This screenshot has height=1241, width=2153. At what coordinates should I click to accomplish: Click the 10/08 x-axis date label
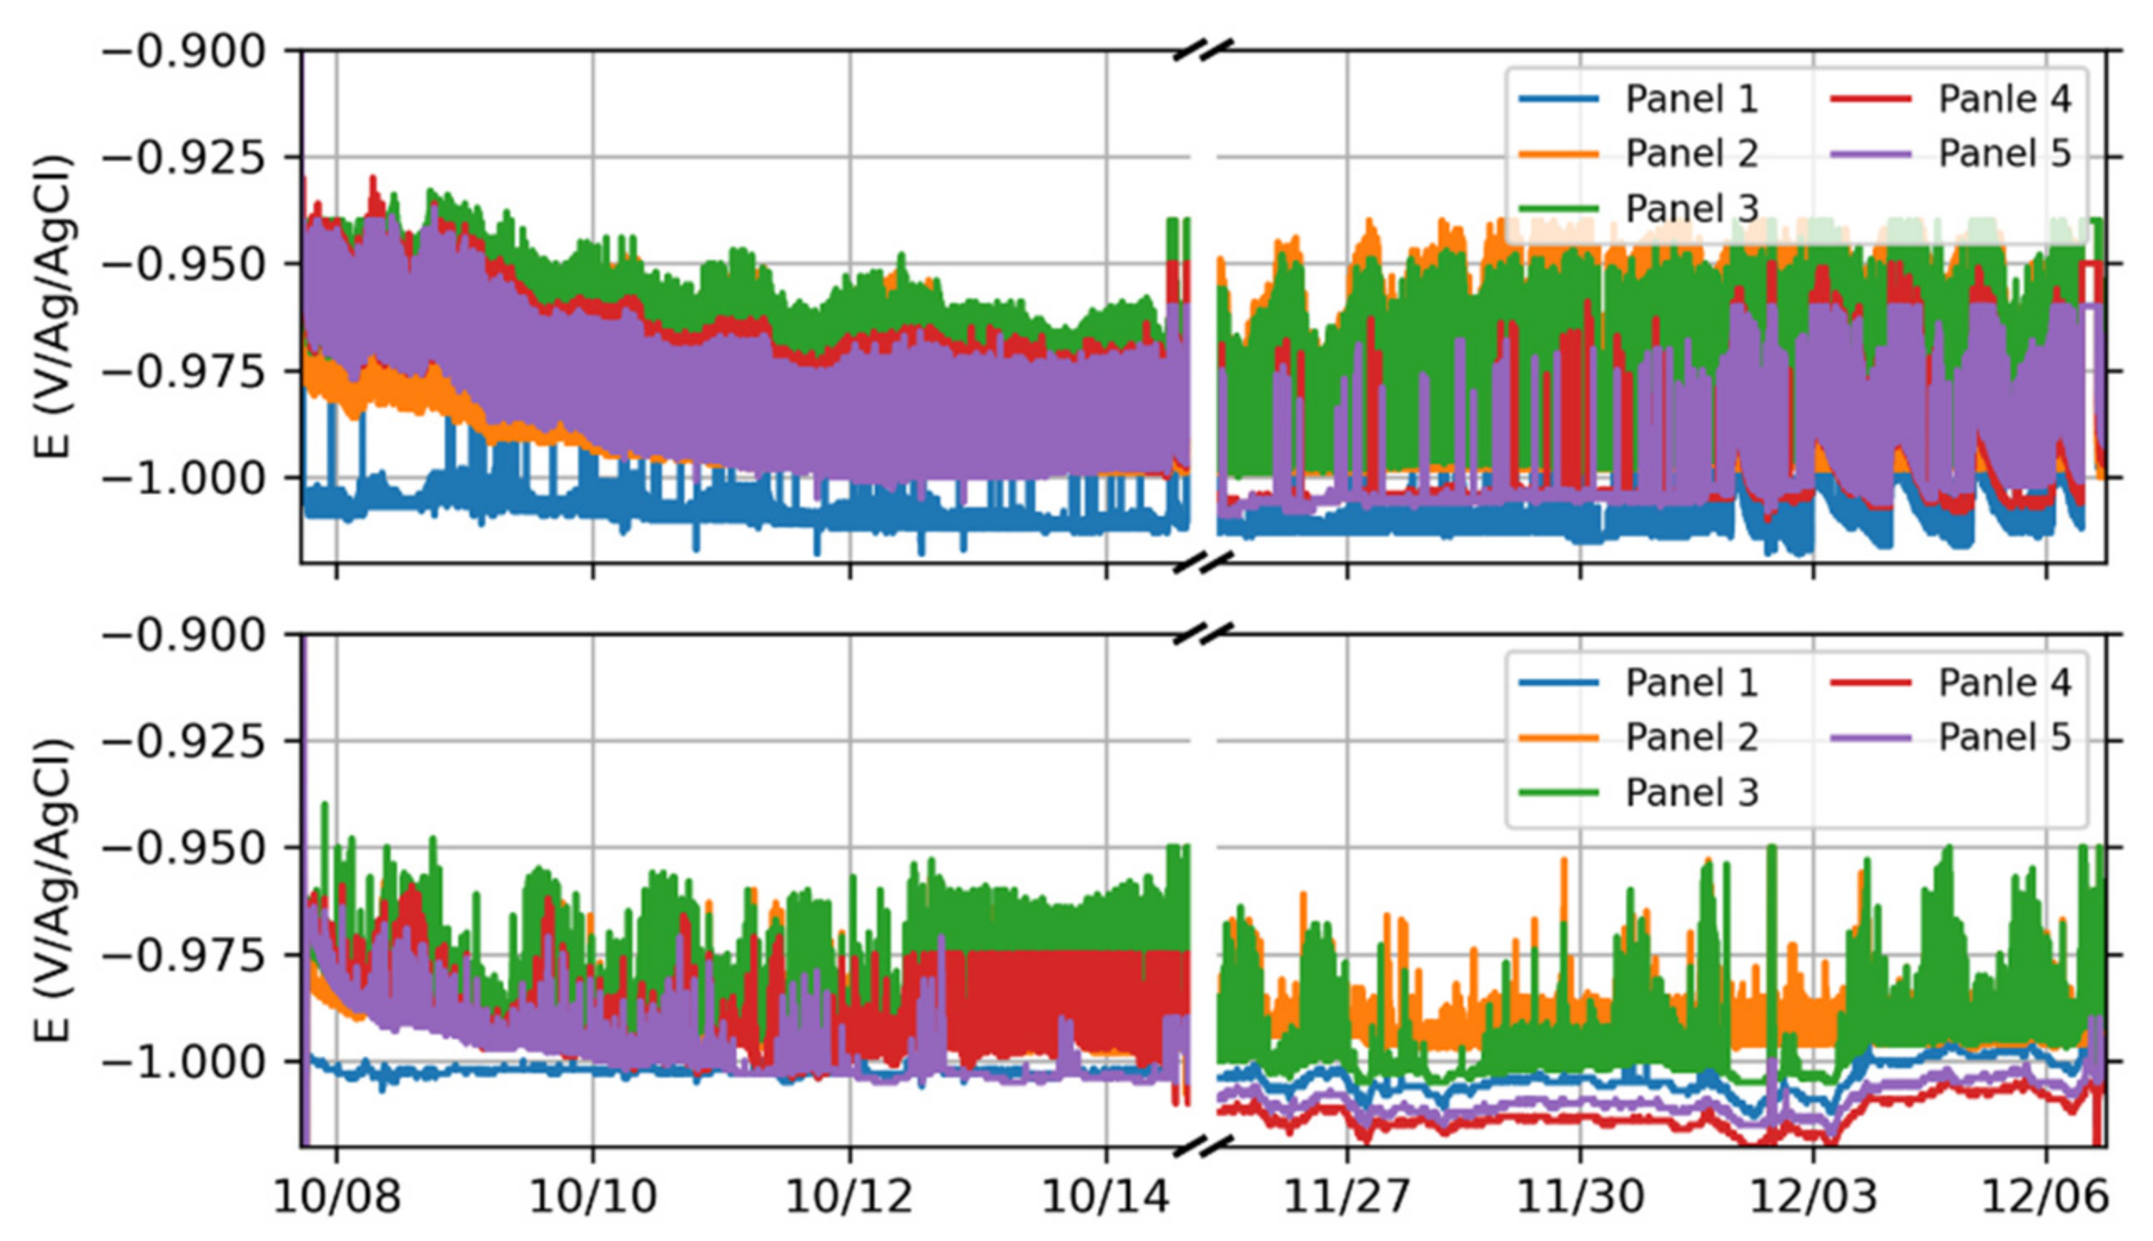[x=336, y=1198]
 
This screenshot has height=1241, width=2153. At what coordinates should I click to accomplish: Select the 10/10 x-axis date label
[x=592, y=1198]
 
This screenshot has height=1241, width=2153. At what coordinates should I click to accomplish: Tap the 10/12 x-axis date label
[x=849, y=1198]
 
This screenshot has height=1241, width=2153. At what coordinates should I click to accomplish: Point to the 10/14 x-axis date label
[x=1106, y=1198]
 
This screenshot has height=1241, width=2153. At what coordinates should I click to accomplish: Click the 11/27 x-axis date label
[x=1347, y=1198]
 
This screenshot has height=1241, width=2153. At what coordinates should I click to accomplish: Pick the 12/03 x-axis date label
[x=1813, y=1198]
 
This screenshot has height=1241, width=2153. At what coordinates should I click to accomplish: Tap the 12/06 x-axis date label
[x=2046, y=1198]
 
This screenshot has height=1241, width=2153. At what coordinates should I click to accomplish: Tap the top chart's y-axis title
[x=53, y=307]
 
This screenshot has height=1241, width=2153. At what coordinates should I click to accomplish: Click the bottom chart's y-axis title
[x=53, y=891]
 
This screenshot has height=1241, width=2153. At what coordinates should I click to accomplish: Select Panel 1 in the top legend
[x=1691, y=99]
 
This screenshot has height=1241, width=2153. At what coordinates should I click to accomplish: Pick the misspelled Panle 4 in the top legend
[x=2004, y=99]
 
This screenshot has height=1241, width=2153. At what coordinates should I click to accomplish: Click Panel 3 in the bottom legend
[x=1691, y=793]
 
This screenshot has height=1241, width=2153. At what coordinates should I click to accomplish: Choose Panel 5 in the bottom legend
[x=2004, y=737]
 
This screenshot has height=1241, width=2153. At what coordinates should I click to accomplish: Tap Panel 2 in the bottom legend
[x=1691, y=737]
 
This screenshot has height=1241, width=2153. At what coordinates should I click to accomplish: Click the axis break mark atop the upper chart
[x=1203, y=51]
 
